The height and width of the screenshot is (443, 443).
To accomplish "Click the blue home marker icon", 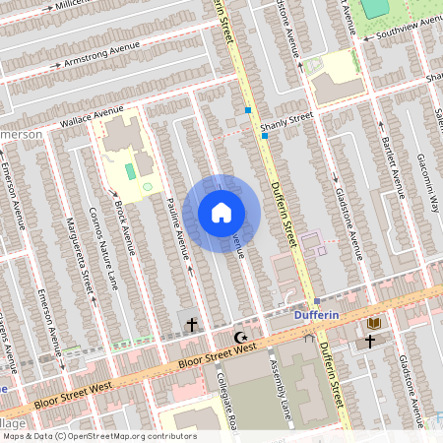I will [221, 213].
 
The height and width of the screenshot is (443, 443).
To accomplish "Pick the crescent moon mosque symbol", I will [238, 338].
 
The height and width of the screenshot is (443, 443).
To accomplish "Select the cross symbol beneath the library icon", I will [370, 341].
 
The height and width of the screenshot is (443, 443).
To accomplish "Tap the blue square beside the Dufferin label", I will [317, 301].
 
